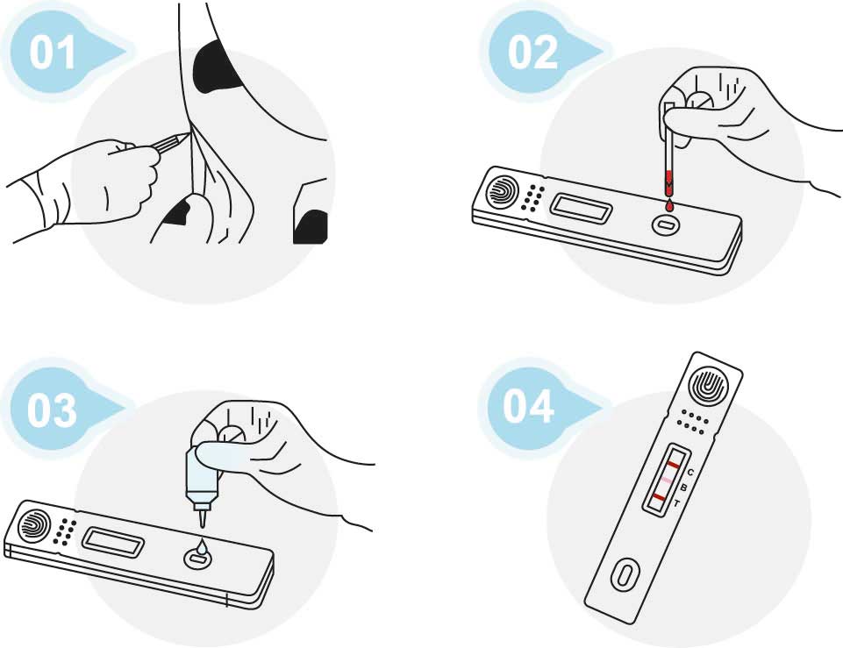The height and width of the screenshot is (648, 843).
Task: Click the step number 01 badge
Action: (x=52, y=53)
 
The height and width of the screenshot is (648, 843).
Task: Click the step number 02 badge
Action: (x=532, y=53)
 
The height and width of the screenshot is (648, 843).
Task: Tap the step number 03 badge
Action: (x=52, y=410)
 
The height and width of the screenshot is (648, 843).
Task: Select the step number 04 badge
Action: (x=528, y=406)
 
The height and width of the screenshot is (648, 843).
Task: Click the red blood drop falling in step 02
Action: (x=669, y=204)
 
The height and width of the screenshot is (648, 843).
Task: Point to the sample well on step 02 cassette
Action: (x=666, y=224)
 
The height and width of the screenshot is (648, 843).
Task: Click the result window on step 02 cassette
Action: (x=582, y=208)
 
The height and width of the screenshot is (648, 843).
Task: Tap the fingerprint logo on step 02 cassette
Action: (x=502, y=191)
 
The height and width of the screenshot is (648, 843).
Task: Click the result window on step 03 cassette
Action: (x=113, y=542)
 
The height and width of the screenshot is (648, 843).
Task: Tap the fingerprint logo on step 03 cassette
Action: (x=34, y=525)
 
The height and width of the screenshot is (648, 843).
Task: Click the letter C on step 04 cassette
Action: (x=691, y=473)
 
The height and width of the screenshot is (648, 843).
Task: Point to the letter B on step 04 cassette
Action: (x=683, y=488)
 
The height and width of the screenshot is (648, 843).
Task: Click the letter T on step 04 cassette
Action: (x=676, y=503)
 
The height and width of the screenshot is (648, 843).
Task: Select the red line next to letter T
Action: (x=658, y=497)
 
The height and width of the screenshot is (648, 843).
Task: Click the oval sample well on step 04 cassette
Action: (x=625, y=575)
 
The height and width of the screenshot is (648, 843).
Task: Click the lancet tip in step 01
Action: (x=189, y=134)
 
